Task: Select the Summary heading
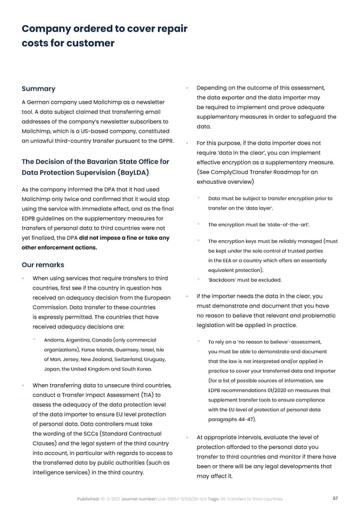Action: coord(38,89)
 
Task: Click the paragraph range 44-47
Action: coord(244,418)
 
